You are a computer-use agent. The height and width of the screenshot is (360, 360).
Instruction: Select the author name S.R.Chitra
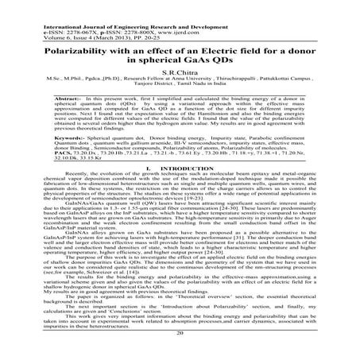coord(180,71)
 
